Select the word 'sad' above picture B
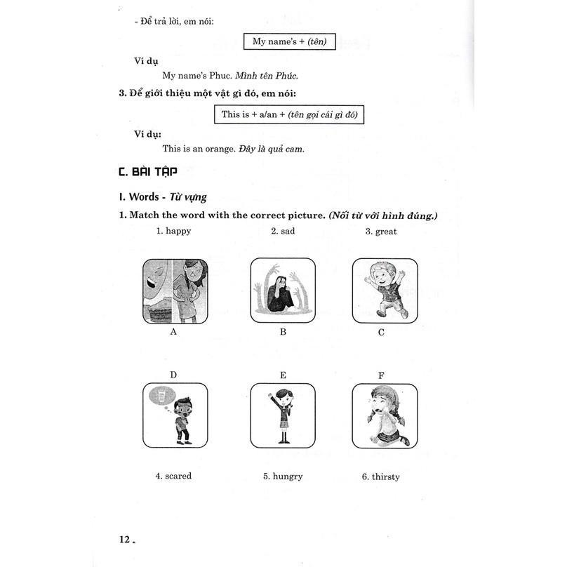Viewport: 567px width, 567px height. pyautogui.click(x=288, y=231)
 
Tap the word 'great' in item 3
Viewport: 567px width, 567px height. pyautogui.click(x=386, y=231)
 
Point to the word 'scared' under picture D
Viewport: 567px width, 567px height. pyautogui.click(x=178, y=476)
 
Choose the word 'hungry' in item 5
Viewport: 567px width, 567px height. pyautogui.click(x=288, y=476)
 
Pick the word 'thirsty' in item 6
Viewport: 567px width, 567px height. pyautogui.click(x=385, y=476)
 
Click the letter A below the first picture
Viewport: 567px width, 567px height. pyautogui.click(x=173, y=332)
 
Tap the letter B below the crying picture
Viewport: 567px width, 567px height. pyautogui.click(x=283, y=332)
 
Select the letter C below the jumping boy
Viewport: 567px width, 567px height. pyautogui.click(x=381, y=332)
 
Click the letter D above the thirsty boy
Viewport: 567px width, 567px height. pyautogui.click(x=173, y=375)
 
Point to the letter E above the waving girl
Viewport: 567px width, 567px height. pyautogui.click(x=283, y=375)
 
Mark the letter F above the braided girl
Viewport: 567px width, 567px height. pyautogui.click(x=381, y=375)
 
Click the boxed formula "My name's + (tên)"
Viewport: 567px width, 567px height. pyautogui.click(x=289, y=42)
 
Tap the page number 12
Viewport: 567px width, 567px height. pyautogui.click(x=126, y=539)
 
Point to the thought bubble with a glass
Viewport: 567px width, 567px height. pyautogui.click(x=162, y=396)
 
